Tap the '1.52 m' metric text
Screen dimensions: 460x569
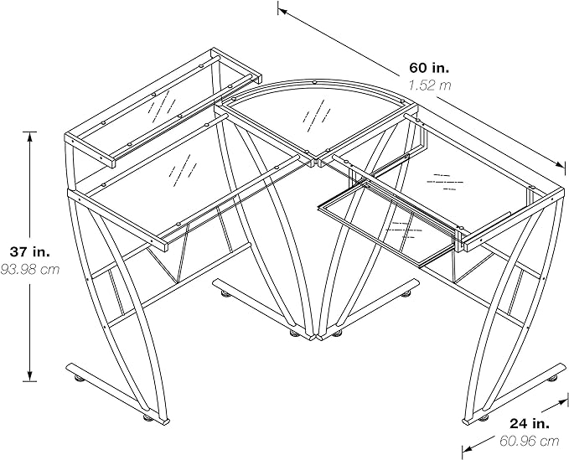click(430, 85)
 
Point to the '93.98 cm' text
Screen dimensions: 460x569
click(30, 269)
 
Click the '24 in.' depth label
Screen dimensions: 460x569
click(532, 422)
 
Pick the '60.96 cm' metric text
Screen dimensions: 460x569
click(529, 440)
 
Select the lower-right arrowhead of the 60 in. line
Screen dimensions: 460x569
click(562, 163)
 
